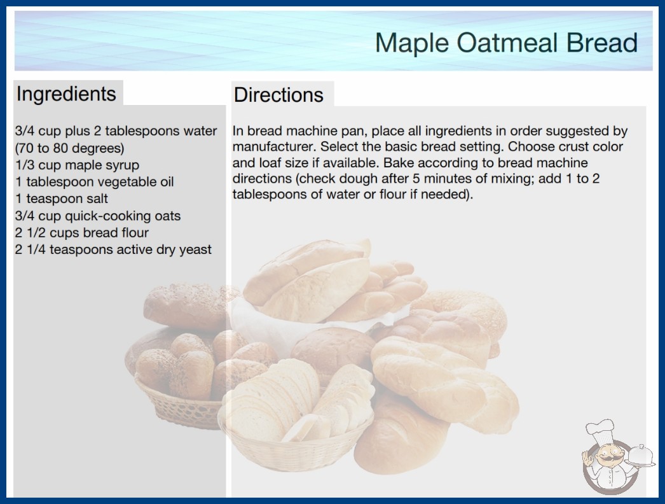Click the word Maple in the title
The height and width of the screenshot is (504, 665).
[x=412, y=43]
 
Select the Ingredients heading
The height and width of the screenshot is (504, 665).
[x=66, y=94]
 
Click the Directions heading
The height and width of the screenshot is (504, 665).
[x=278, y=95]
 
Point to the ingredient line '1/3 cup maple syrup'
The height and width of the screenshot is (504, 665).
[x=77, y=165]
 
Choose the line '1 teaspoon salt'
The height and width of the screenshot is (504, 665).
[x=62, y=199]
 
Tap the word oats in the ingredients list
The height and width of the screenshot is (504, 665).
[x=168, y=216]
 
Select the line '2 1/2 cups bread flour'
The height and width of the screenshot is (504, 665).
[x=82, y=233]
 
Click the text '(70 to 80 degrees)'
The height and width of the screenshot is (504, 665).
[x=69, y=148]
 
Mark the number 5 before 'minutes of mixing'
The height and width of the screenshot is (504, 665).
[x=416, y=178]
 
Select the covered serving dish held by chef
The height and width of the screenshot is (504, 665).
[x=641, y=456]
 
